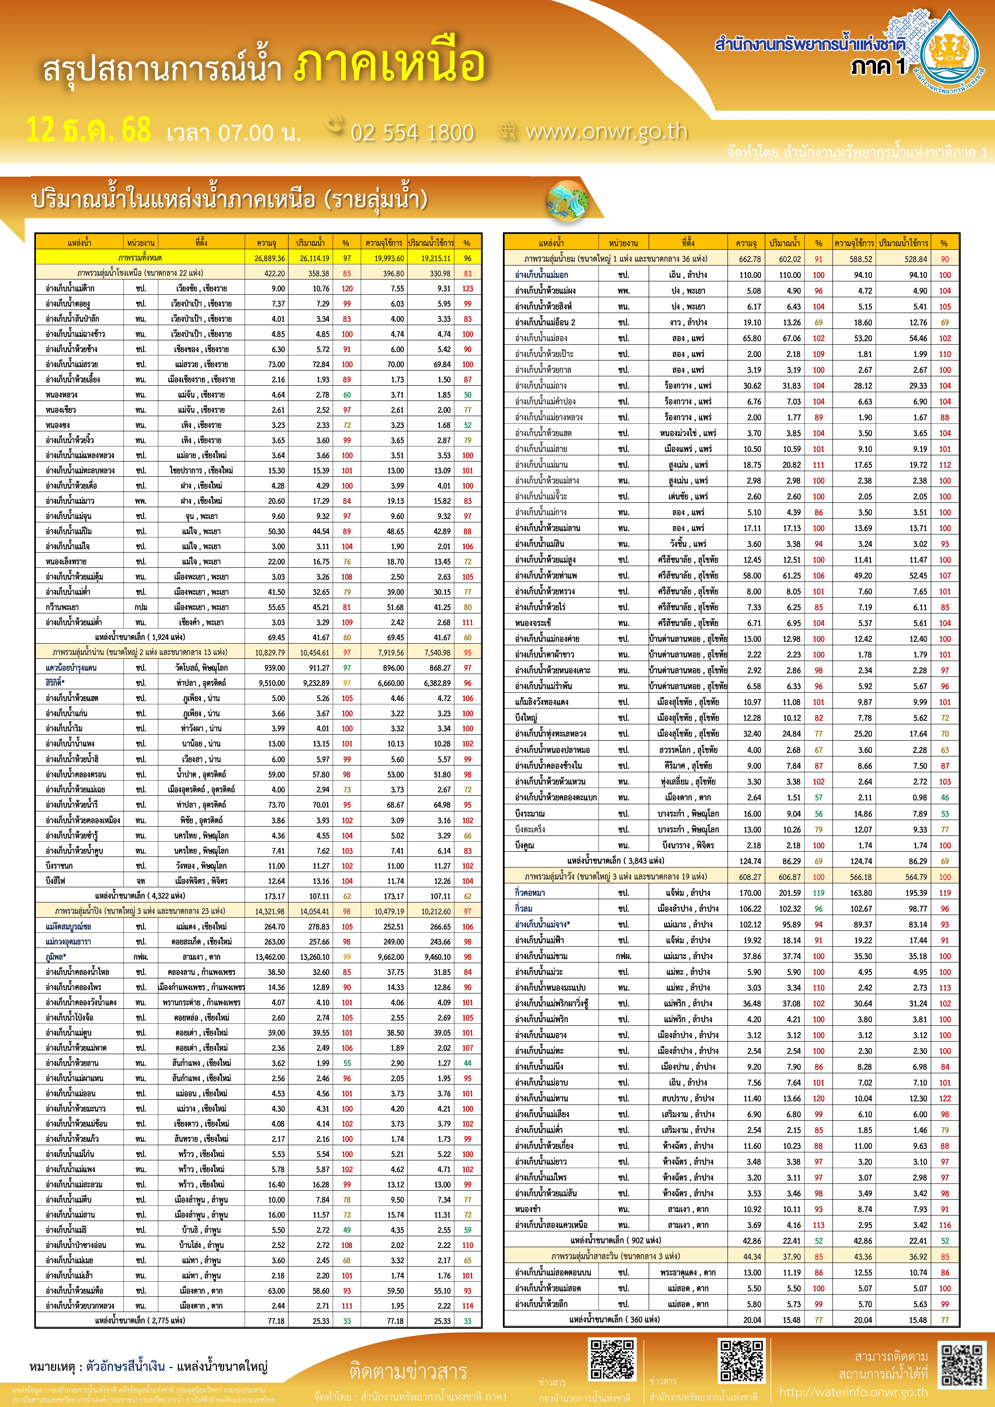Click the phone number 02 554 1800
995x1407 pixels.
pos(412,132)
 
